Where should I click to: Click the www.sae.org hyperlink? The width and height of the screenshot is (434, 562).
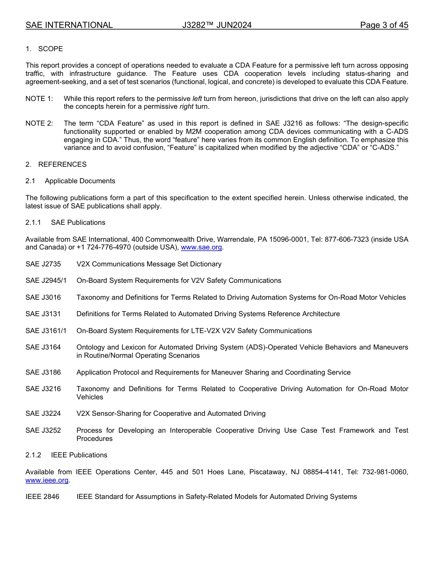[201, 248]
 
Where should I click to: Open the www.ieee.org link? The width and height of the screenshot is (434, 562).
[47, 480]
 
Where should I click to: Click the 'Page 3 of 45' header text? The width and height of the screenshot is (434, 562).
[384, 25]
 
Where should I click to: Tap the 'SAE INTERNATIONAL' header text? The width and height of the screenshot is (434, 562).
[69, 25]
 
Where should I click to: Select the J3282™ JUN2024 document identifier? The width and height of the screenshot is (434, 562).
[217, 25]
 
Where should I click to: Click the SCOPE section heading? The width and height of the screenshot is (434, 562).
[50, 49]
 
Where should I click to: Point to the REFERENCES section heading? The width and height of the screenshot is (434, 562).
[62, 164]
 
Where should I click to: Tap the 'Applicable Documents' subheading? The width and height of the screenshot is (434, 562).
[80, 181]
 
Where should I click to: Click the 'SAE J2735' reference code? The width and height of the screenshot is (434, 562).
[43, 264]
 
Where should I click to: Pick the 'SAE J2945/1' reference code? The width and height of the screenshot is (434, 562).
[46, 281]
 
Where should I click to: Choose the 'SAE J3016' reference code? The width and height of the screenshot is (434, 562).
[43, 297]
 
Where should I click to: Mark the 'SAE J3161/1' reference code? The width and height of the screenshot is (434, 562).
[46, 331]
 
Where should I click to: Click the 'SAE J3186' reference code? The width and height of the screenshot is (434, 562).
[43, 372]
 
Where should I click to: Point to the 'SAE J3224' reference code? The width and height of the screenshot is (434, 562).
[43, 414]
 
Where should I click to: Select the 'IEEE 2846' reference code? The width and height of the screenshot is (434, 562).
[42, 497]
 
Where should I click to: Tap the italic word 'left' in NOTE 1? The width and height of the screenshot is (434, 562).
[197, 99]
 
